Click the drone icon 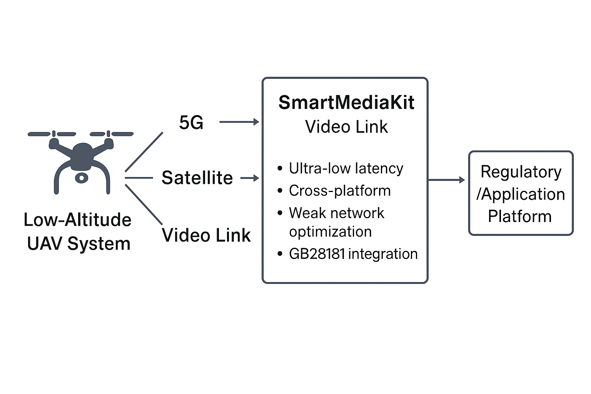pyautogui.click(x=81, y=158)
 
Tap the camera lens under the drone pyautogui.click(x=81, y=178)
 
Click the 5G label pyautogui.click(x=191, y=123)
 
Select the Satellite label pyautogui.click(x=197, y=178)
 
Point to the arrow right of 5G pyautogui.click(x=239, y=122)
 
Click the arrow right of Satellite pyautogui.click(x=250, y=178)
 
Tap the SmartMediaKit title pyautogui.click(x=346, y=103)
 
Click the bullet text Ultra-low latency pyautogui.click(x=346, y=169)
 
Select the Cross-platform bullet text pyautogui.click(x=340, y=191)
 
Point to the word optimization pyautogui.click(x=331, y=232)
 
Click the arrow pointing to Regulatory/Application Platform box pyautogui.click(x=446, y=180)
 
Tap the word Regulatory pyautogui.click(x=521, y=172)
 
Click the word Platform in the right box pyautogui.click(x=520, y=216)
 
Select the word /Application pyautogui.click(x=521, y=194)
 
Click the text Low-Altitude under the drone pyautogui.click(x=77, y=220)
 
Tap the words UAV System pyautogui.click(x=79, y=244)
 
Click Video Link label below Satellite pyautogui.click(x=206, y=235)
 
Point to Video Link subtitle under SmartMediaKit pyautogui.click(x=346, y=127)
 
